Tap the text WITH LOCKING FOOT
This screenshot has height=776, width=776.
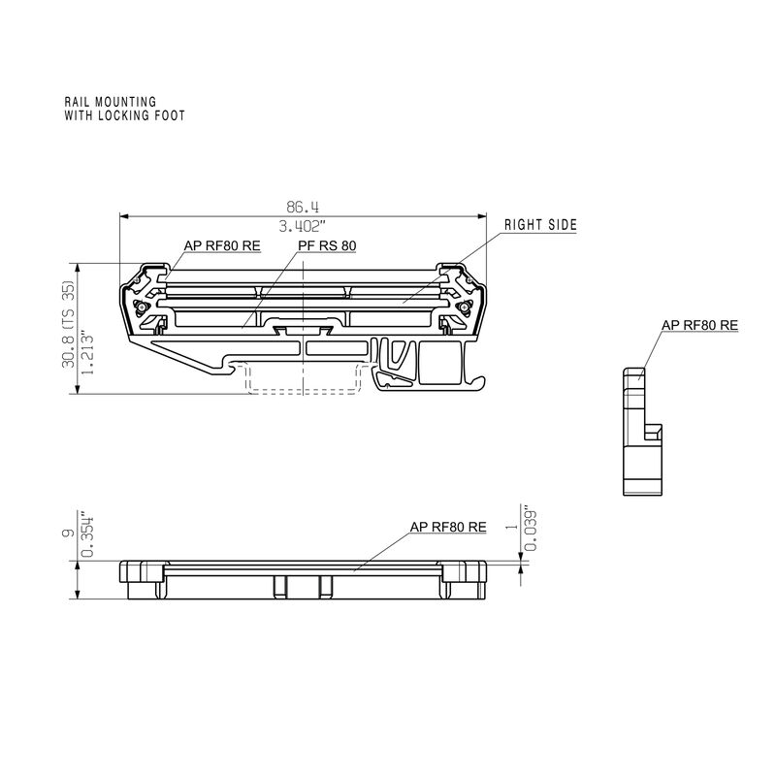(124, 114)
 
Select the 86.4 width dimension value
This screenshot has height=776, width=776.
(302, 207)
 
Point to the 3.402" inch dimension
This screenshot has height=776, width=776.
(302, 227)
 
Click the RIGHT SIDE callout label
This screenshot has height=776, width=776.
(540, 225)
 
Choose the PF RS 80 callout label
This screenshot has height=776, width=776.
(326, 246)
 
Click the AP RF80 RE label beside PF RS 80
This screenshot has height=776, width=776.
(221, 246)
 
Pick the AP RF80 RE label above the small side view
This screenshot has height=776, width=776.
(699, 326)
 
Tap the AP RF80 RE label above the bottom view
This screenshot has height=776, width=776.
(448, 527)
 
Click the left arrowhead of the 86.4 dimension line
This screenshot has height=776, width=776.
(123, 216)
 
